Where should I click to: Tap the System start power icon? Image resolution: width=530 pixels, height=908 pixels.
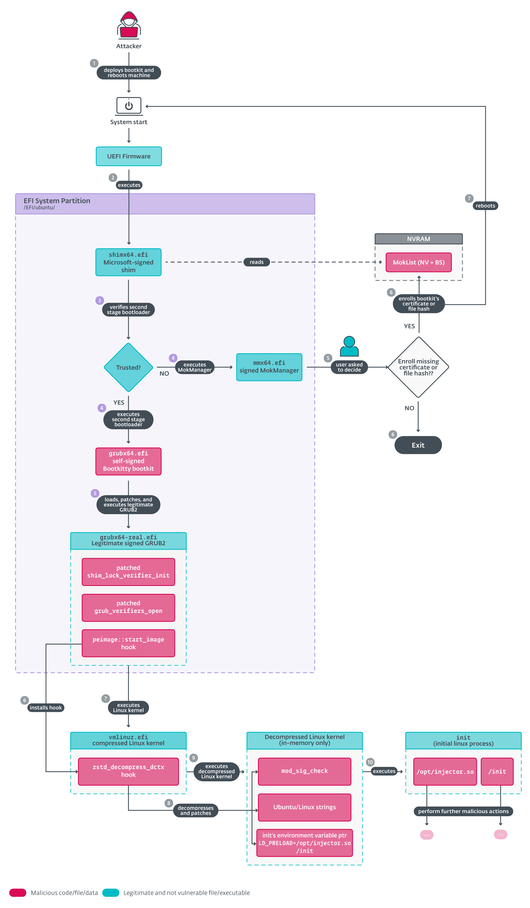tap(129, 106)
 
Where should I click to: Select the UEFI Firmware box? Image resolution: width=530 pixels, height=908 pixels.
tap(129, 156)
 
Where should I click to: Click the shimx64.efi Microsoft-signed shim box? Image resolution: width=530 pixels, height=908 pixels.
tap(128, 262)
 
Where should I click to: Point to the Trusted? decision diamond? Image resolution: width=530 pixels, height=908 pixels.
tap(128, 367)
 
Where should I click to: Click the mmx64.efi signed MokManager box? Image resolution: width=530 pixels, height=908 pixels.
tap(269, 367)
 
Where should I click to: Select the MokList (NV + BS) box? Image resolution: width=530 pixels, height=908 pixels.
tap(418, 262)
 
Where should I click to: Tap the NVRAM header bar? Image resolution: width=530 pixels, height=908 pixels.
tap(418, 239)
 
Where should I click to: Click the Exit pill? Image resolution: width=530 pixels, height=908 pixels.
tap(418, 445)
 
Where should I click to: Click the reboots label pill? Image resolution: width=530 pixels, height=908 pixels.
tap(485, 206)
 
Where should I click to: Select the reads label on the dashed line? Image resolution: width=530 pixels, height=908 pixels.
tap(257, 262)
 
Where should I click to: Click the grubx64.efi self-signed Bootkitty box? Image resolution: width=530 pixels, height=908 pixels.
tap(128, 461)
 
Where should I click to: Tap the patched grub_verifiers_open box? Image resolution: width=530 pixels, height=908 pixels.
tap(128, 607)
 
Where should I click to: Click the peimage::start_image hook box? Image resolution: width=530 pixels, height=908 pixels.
tap(128, 643)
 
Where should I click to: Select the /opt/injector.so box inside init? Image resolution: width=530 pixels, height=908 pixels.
tap(445, 771)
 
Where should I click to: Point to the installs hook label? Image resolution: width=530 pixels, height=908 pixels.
tap(46, 707)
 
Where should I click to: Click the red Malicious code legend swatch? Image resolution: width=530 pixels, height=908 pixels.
tap(18, 892)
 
